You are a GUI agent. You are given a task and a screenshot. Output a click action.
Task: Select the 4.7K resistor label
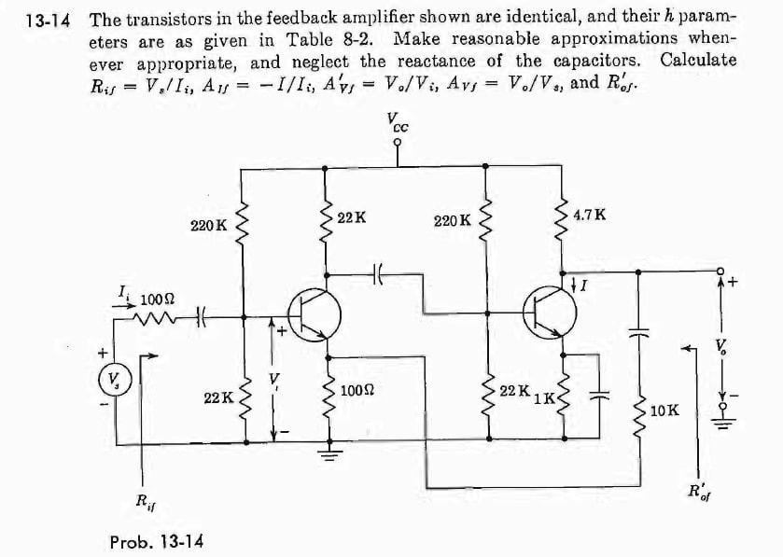(x=589, y=215)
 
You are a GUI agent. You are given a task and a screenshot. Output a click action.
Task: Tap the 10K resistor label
(x=665, y=411)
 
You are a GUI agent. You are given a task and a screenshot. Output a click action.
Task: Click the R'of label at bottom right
(x=699, y=491)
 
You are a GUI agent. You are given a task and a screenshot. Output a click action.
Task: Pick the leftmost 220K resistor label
(x=207, y=225)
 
